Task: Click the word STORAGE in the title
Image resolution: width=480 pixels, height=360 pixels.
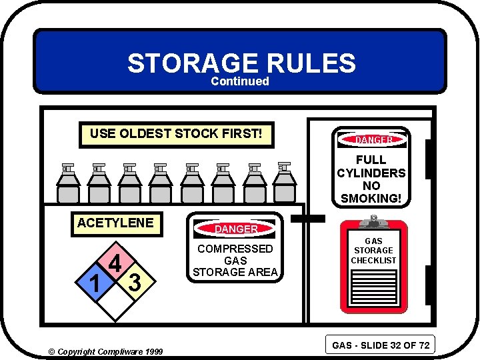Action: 192,63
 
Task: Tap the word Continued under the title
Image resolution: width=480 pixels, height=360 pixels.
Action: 240,81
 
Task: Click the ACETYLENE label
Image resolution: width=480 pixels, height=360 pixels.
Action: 115,223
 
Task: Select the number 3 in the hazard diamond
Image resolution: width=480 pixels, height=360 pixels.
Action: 134,283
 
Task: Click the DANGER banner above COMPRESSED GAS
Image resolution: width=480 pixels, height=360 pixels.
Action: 236,229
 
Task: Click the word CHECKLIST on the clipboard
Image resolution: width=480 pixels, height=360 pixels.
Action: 373,260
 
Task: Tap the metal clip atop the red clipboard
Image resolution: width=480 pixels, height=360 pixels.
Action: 373,221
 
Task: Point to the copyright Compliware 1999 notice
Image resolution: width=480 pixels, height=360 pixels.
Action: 102,351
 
